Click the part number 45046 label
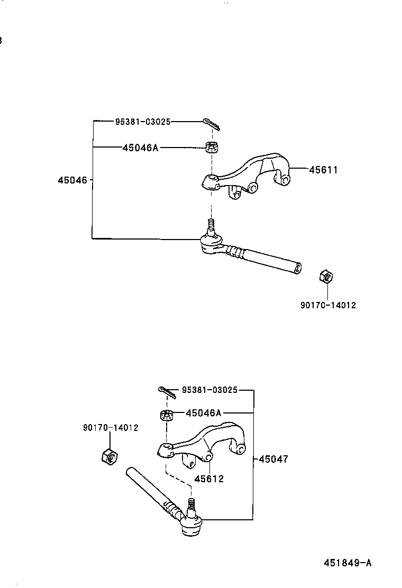point(73,180)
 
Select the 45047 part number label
point(273,460)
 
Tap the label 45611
point(323,170)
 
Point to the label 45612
point(208,479)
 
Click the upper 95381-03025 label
point(143,122)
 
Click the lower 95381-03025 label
point(209,391)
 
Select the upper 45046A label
point(140,148)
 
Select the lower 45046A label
point(204,413)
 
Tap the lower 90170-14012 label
point(111,427)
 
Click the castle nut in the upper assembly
point(212,147)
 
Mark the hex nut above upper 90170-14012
point(326,277)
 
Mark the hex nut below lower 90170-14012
point(109,455)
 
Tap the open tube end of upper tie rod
point(298,268)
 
